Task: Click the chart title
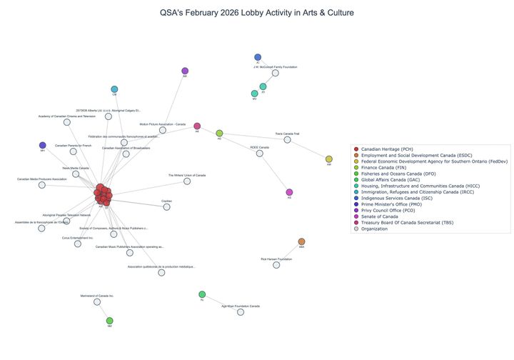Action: (257, 13)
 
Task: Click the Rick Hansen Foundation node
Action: (276, 265)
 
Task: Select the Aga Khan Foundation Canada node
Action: (241, 312)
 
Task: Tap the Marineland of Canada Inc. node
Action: (97, 301)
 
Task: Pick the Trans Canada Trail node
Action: (287, 139)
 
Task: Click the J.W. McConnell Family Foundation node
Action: (275, 73)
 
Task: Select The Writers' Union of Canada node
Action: (187, 181)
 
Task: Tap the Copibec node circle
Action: (166, 207)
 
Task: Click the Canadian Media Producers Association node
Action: (41, 185)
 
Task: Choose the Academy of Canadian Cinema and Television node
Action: (67, 122)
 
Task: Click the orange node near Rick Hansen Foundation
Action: (301, 242)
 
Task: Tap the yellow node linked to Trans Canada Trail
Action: (329, 159)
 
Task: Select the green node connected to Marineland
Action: (109, 321)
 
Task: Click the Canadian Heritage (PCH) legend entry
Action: (392, 149)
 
